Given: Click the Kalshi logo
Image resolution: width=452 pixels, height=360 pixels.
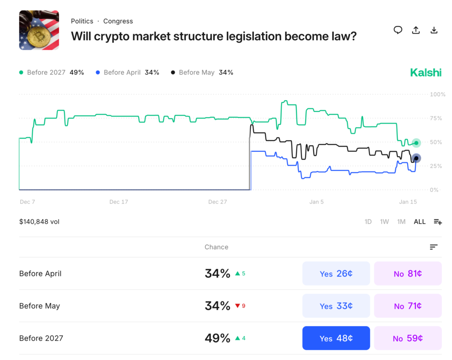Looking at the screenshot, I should [x=426, y=73].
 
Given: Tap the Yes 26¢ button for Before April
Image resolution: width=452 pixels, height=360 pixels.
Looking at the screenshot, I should [x=336, y=274].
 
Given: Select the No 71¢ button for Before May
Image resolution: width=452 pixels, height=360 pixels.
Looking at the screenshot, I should [x=407, y=306].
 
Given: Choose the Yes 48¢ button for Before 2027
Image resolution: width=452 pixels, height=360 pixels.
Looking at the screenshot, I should [x=336, y=338].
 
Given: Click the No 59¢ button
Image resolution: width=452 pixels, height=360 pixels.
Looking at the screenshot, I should [x=407, y=338].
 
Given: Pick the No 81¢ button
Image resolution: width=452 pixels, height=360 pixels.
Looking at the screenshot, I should [x=407, y=274].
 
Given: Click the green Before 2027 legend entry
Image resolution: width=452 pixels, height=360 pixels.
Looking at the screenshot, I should [x=52, y=72].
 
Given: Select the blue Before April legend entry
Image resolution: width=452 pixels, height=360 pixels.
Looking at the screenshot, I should [x=127, y=72].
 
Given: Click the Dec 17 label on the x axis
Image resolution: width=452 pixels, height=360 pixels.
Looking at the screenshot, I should [x=119, y=202].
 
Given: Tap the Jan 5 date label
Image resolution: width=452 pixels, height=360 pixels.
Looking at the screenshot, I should [x=316, y=202].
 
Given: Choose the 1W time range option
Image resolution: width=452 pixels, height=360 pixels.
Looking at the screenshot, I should [x=384, y=222].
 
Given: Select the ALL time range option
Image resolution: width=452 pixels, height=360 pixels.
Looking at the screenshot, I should [x=419, y=222].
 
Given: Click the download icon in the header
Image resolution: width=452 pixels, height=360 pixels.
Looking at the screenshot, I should [x=434, y=30].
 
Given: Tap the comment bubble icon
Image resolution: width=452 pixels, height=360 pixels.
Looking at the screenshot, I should [x=398, y=30].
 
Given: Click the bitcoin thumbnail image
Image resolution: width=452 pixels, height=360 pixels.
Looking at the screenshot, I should [x=39, y=30].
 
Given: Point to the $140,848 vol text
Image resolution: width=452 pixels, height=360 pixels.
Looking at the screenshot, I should [x=39, y=222].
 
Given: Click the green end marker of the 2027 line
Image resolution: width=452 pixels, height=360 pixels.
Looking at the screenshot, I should [x=416, y=143].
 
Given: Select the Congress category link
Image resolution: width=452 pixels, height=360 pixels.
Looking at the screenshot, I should [x=118, y=21].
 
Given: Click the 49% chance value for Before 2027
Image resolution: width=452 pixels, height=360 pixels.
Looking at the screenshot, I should [x=217, y=338].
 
